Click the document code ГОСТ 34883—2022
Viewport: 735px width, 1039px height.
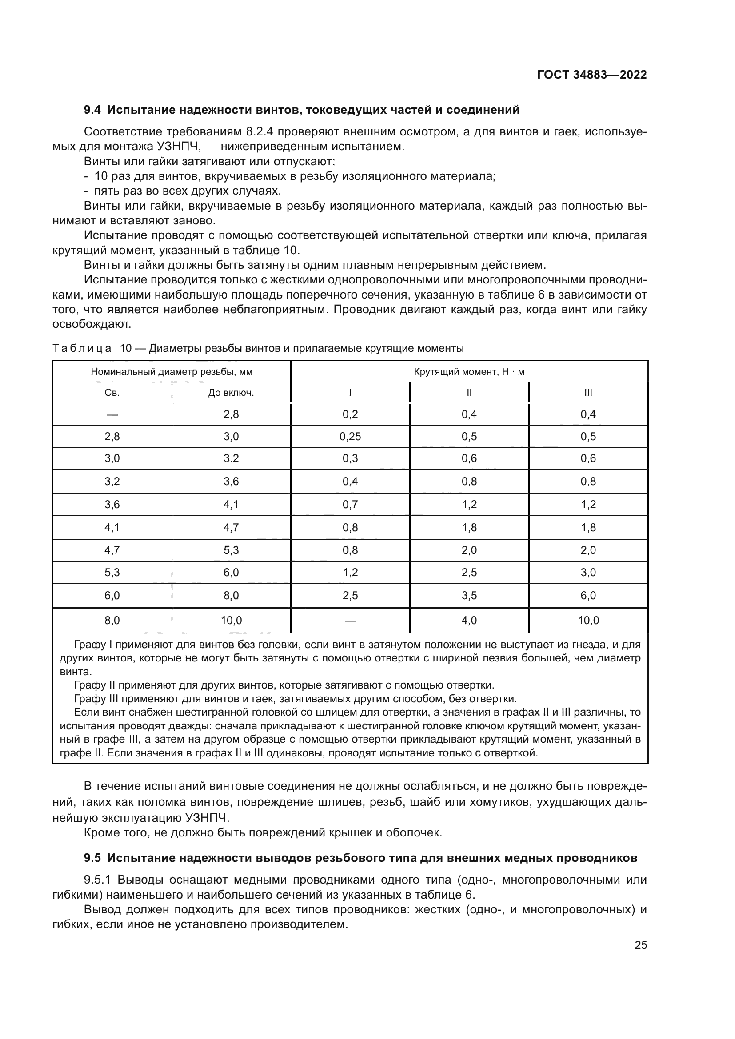[x=591, y=75]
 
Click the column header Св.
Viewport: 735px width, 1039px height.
[x=112, y=393]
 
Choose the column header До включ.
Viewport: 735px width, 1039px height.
[x=231, y=393]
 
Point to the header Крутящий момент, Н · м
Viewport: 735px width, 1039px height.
[x=469, y=372]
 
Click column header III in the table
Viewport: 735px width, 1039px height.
[x=588, y=393]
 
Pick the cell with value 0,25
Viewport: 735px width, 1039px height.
[x=350, y=437]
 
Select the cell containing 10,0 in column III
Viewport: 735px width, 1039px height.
[x=588, y=621]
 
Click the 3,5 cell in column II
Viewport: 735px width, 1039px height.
[x=469, y=596]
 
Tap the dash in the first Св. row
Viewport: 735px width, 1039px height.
[x=112, y=414]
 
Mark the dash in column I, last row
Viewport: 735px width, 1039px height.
[x=350, y=621]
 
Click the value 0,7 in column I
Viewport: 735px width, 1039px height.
[x=350, y=505]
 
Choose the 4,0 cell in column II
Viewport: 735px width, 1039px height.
[x=469, y=621]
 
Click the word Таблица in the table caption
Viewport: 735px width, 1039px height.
[x=82, y=348]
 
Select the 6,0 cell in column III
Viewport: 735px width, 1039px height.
[x=588, y=596]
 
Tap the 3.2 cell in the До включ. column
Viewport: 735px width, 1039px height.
[x=231, y=458]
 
